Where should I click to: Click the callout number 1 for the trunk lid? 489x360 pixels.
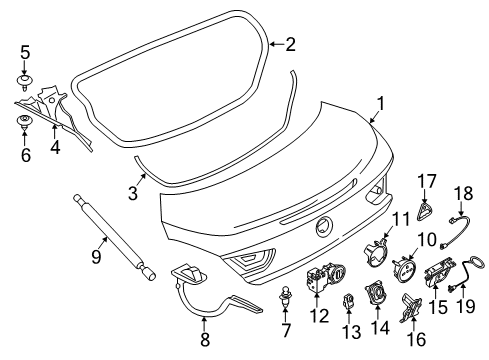pyautogui.click(x=381, y=103)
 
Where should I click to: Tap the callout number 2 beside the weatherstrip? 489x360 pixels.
pyautogui.click(x=290, y=44)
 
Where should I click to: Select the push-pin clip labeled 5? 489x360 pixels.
pyautogui.click(x=25, y=81)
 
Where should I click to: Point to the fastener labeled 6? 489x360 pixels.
pyautogui.click(x=24, y=122)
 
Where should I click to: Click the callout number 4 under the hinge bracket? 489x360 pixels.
pyautogui.click(x=55, y=147)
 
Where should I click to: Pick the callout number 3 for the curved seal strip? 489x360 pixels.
pyautogui.click(x=133, y=193)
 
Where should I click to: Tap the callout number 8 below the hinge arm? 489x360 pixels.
pyautogui.click(x=205, y=339)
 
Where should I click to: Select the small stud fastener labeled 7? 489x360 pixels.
pyautogui.click(x=285, y=297)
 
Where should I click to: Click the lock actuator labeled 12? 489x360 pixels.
pyautogui.click(x=325, y=277)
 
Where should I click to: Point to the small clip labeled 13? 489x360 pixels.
pyautogui.click(x=348, y=300)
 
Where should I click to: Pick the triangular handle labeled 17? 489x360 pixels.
pyautogui.click(x=424, y=212)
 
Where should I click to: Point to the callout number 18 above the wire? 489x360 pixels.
pyautogui.click(x=464, y=193)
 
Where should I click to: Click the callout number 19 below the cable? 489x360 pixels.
pyautogui.click(x=466, y=306)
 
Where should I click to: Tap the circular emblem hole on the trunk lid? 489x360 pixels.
pyautogui.click(x=324, y=227)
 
